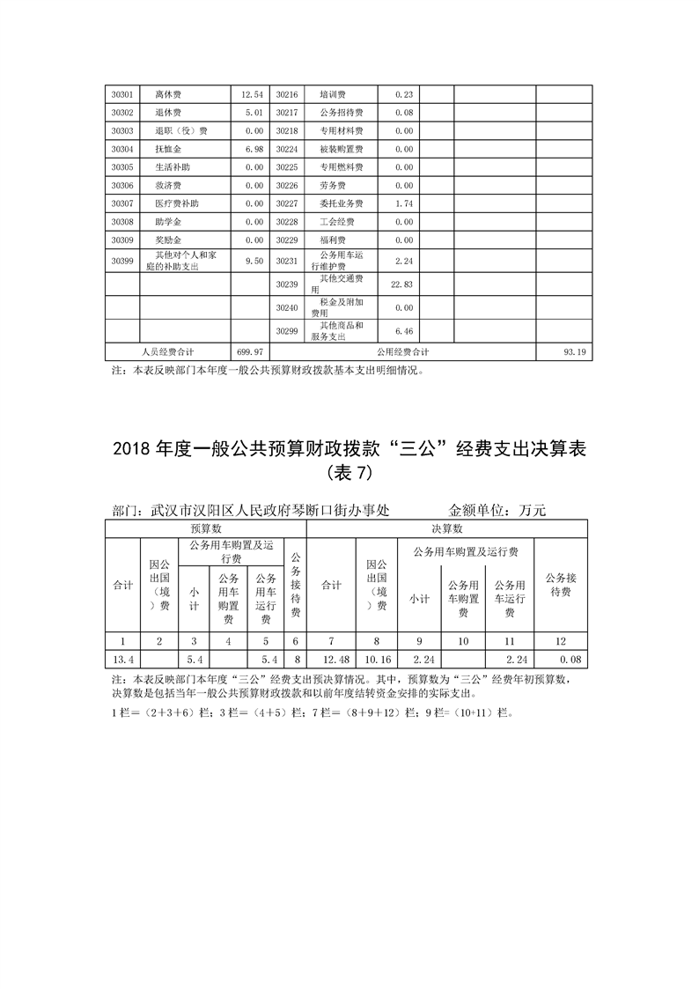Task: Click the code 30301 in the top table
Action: (x=122, y=94)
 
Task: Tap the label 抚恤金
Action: (x=167, y=150)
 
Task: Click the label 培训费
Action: (x=332, y=94)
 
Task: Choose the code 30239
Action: (x=287, y=284)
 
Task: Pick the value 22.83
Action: (x=401, y=284)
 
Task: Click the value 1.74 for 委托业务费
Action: (x=404, y=204)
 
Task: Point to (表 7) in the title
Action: (x=349, y=474)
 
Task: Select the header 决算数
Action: (x=446, y=529)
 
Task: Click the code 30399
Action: (x=122, y=261)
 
